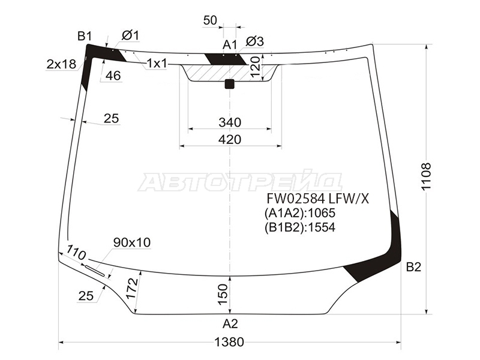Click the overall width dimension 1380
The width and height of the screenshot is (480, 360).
click(229, 341)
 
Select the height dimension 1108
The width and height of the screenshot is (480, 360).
click(425, 176)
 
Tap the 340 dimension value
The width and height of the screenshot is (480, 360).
click(230, 122)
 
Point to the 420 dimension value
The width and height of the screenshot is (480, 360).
click(230, 140)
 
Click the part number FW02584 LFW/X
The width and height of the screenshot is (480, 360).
click(318, 199)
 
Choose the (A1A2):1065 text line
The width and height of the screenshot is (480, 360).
click(300, 213)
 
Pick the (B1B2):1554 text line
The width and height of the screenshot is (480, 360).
click(300, 227)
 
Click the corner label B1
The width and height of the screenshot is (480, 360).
click(85, 37)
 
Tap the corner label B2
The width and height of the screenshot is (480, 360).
click(413, 267)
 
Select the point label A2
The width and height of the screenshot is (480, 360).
click(230, 323)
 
